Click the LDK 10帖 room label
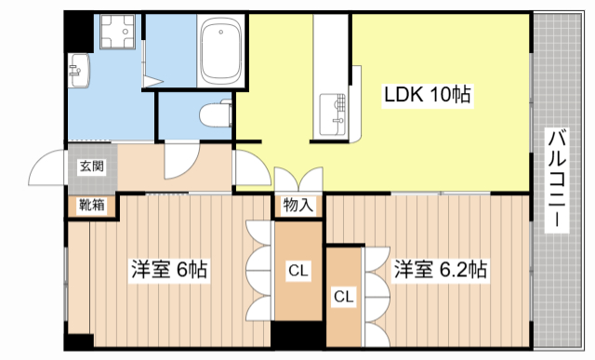click(x=428, y=94)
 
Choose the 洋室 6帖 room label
click(x=168, y=271)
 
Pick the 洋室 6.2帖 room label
click(x=440, y=271)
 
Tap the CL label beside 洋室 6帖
click(x=297, y=272)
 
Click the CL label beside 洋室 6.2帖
click(x=343, y=298)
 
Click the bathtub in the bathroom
click(x=220, y=52)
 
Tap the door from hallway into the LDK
click(x=247, y=167)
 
